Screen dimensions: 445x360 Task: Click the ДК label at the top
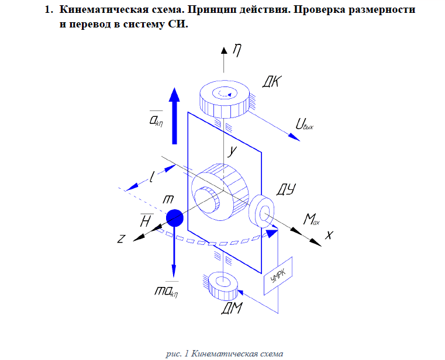tap(271, 82)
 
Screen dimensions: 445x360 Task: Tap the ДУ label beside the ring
tap(286, 189)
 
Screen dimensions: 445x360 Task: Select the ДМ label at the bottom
tap(232, 308)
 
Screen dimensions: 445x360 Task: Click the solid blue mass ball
tap(174, 218)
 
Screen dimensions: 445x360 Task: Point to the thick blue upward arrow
tap(174, 116)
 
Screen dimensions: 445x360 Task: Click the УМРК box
tap(278, 276)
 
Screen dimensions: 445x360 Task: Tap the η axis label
tap(237, 51)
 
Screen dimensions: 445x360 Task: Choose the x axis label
tap(329, 235)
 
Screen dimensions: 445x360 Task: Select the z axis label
tap(121, 239)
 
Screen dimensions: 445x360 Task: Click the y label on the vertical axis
tap(232, 151)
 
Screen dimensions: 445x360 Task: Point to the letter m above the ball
tap(168, 199)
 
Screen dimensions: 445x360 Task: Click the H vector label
tap(146, 220)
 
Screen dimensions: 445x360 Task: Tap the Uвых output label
tap(304, 124)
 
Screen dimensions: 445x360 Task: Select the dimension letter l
tap(152, 176)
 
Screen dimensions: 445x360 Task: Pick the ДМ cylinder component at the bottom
tap(223, 286)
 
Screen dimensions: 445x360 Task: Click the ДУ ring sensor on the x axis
tap(261, 211)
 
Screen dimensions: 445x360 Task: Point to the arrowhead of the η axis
tap(224, 50)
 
